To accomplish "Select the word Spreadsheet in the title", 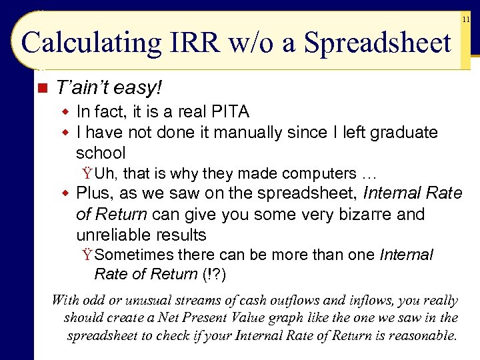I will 377,44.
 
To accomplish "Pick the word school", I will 101,153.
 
